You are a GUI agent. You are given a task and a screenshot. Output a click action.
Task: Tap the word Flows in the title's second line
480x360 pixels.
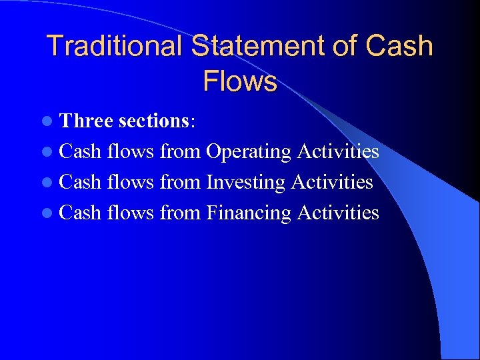(240, 81)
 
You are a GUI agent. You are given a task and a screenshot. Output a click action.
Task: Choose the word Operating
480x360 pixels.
(249, 152)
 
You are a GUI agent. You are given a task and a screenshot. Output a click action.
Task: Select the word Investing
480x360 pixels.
(246, 182)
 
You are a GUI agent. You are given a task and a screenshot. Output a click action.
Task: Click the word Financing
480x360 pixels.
(249, 213)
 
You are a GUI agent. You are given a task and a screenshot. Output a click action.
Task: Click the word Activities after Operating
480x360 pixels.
(338, 151)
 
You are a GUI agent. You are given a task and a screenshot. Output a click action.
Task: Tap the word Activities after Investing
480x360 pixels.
(332, 182)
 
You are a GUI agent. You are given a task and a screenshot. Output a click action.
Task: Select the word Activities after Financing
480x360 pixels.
(338, 213)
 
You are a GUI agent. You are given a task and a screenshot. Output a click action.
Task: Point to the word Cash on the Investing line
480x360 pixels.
(80, 182)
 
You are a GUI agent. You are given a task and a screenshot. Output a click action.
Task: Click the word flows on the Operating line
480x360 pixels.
(130, 151)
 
